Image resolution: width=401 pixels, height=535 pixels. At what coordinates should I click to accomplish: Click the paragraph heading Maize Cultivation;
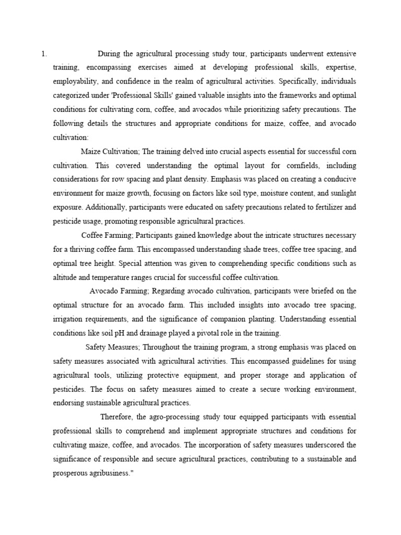tap(110, 152)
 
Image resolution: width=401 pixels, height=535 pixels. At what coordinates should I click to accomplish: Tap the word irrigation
tap(68, 319)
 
